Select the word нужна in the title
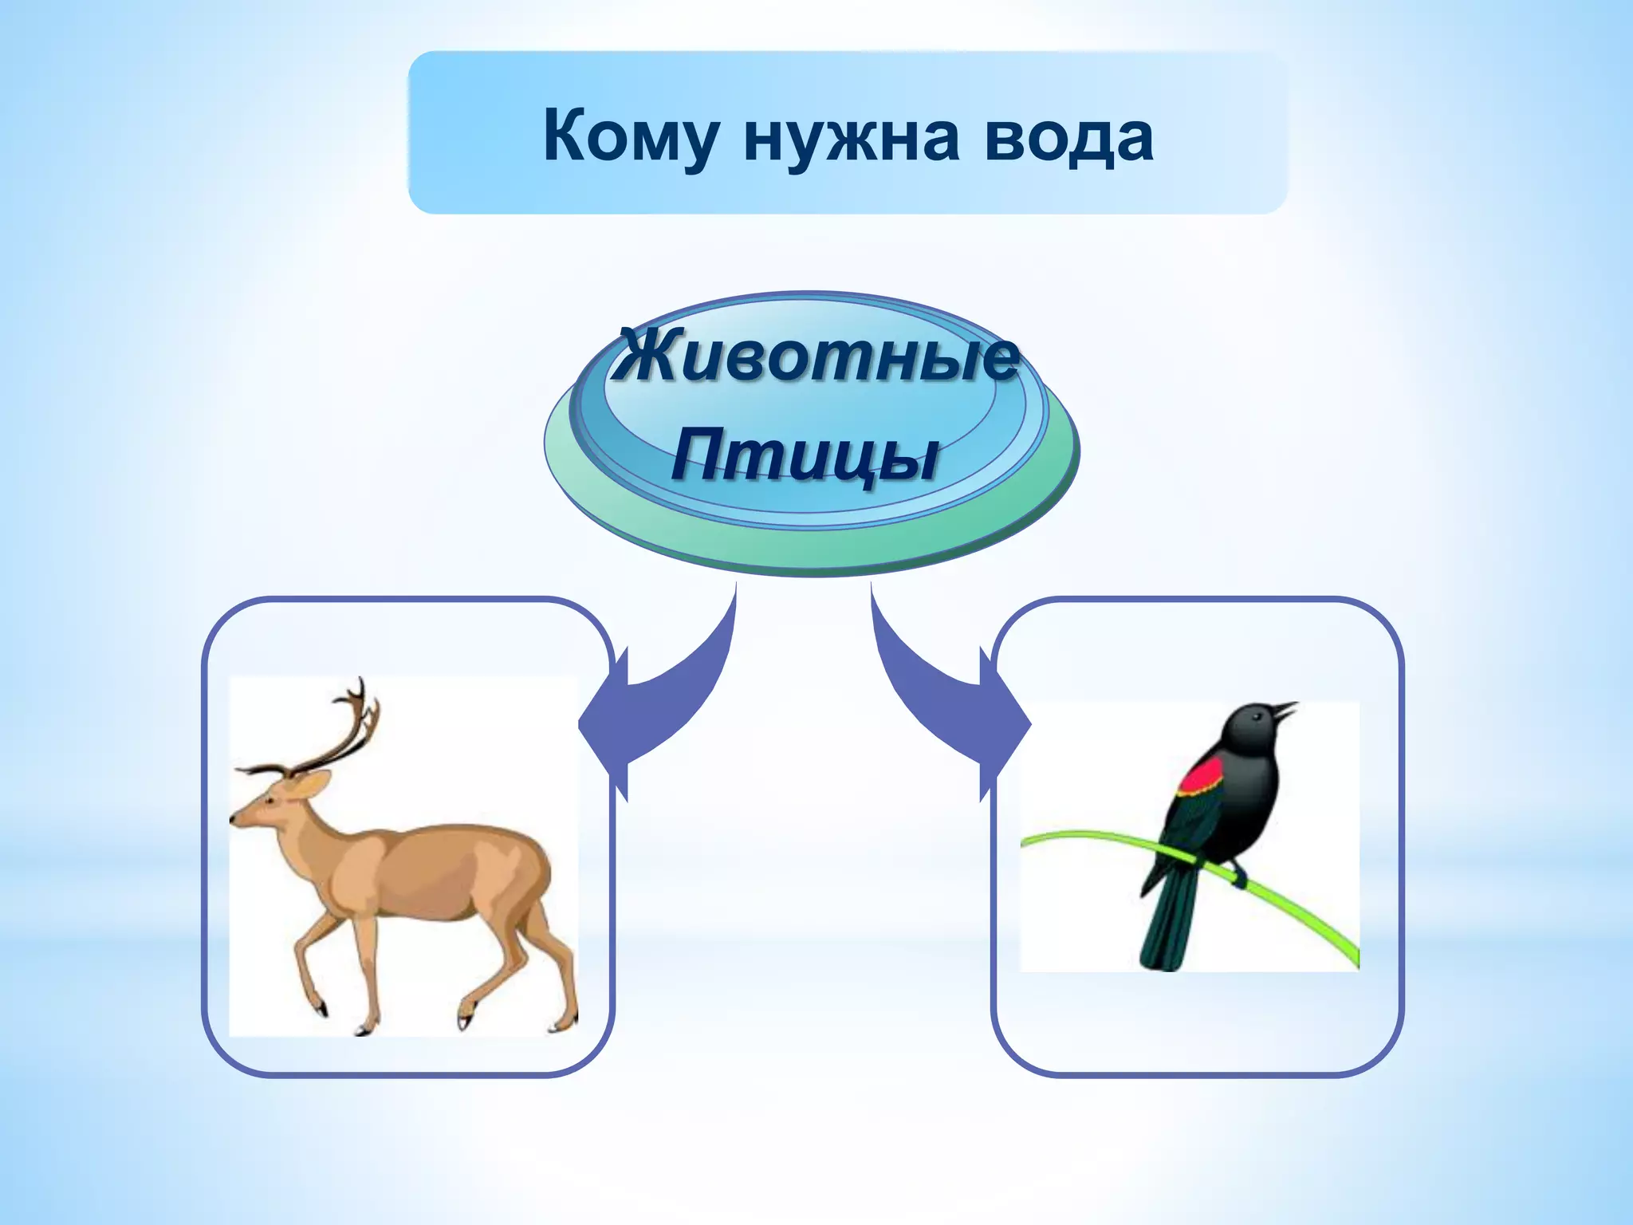click(851, 137)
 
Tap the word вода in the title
click(1068, 137)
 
